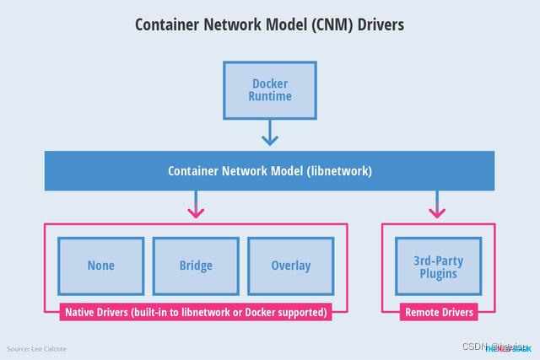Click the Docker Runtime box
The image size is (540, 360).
pos(270,89)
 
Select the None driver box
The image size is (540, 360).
pos(101,266)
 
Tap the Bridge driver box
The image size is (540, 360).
pos(196,266)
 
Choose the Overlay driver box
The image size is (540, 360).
pos(290,266)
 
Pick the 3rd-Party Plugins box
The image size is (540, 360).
pos(438,266)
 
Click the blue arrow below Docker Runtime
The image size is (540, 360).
pos(270,133)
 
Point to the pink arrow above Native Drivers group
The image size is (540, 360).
pos(196,206)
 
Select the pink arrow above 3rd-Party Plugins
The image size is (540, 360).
pos(438,206)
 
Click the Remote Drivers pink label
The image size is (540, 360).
pos(439,312)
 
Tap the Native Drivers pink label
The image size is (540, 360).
pos(196,312)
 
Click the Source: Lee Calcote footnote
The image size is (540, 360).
pos(37,348)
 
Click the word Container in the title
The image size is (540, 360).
pos(167,24)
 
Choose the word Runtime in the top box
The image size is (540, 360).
pos(270,96)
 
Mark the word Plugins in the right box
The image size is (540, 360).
pos(438,274)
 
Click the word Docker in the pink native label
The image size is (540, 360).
pos(252,312)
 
